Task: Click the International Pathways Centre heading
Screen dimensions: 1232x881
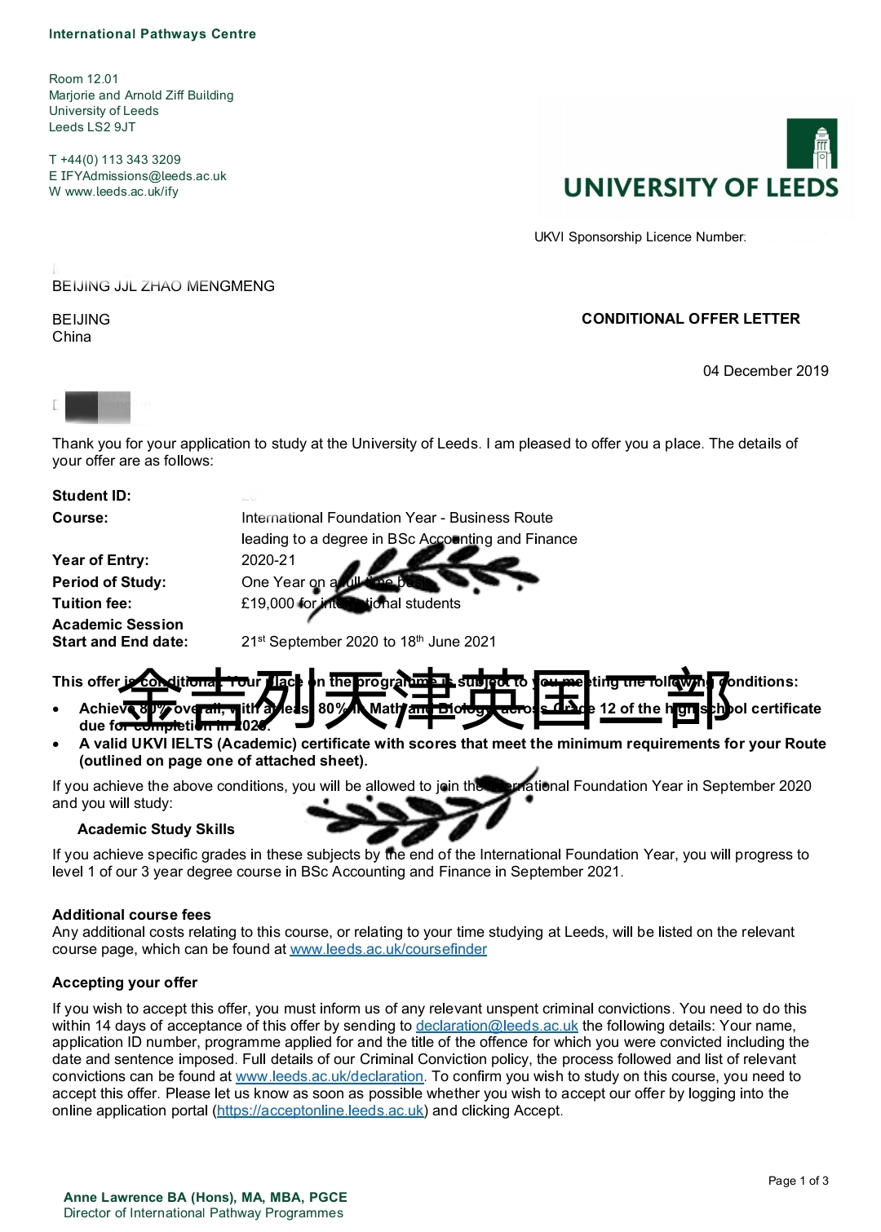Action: tap(153, 34)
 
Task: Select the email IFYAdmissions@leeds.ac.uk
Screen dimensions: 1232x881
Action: tap(144, 176)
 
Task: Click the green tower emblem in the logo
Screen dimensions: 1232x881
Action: tap(812, 144)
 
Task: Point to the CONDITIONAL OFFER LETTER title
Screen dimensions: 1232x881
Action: tap(690, 319)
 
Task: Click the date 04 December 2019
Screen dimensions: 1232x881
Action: tap(765, 371)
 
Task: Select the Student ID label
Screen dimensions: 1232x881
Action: tap(91, 496)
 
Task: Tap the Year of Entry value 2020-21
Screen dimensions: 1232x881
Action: tap(268, 560)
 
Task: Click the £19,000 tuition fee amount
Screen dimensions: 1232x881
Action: tap(268, 603)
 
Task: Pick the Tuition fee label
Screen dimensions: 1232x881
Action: tap(91, 603)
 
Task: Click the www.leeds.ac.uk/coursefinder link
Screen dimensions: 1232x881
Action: tap(388, 949)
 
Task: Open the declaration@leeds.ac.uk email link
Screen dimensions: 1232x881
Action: tap(497, 1026)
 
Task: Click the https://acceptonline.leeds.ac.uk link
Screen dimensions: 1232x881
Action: tap(321, 1111)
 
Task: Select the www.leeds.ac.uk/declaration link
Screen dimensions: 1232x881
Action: tap(330, 1076)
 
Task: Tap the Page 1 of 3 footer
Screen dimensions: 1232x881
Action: tap(798, 1181)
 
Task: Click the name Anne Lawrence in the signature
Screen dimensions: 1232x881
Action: tap(113, 1197)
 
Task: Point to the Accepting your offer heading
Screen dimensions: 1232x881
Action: tap(125, 983)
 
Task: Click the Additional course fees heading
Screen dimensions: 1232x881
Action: tap(131, 915)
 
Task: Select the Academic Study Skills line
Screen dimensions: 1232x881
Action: tap(156, 829)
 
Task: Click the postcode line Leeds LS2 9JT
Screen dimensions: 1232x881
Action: tap(92, 127)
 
